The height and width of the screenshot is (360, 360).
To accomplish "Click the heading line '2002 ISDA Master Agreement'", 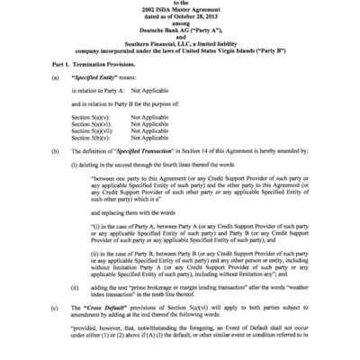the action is [179, 7].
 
